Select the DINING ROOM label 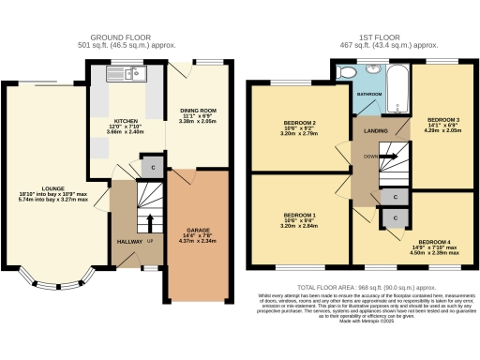pyautogui.click(x=198, y=111)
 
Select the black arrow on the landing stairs pyautogui.click(x=389, y=155)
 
